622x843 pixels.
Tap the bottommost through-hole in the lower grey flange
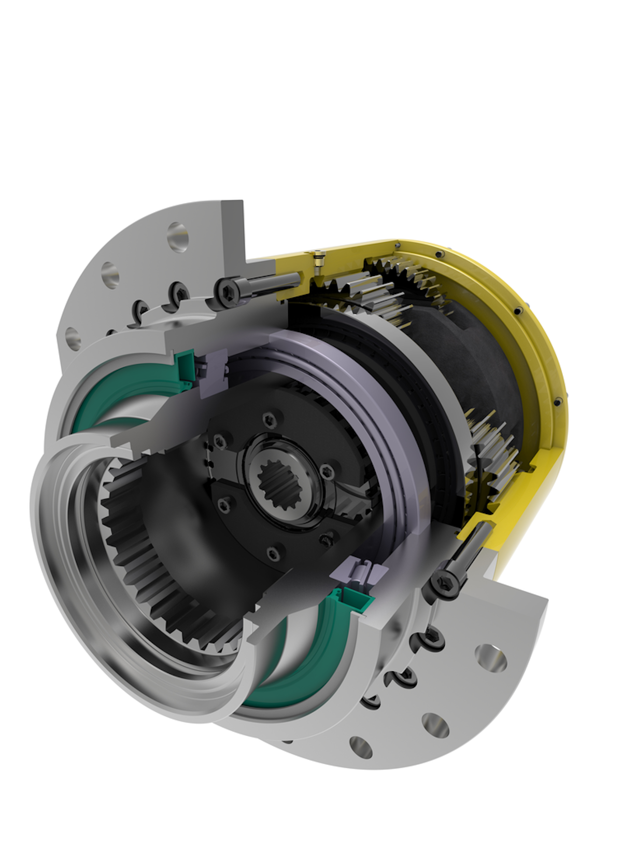click(361, 748)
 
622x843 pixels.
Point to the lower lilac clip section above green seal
click(358, 571)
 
